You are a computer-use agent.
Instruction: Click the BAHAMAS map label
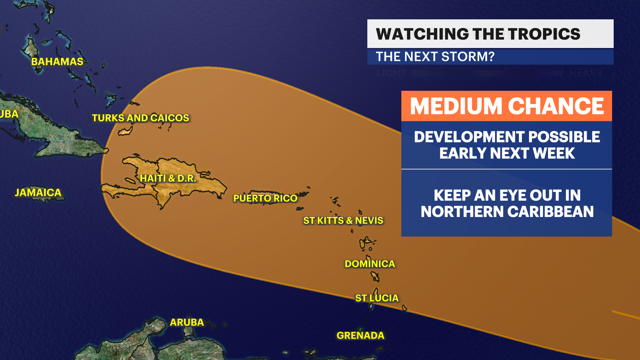57,62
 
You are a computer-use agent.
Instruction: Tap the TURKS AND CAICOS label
140,118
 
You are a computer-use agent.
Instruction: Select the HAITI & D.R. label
168,178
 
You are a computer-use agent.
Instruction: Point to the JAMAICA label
38,192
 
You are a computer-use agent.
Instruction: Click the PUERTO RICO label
265,198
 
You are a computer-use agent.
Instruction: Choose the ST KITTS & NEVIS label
343,221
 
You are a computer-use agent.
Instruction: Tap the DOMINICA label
370,264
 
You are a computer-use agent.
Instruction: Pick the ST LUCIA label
377,298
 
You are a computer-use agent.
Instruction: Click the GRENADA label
360,335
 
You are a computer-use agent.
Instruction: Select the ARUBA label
187,322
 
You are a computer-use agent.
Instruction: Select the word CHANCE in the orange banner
556,106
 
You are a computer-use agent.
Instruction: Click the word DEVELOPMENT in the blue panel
468,137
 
